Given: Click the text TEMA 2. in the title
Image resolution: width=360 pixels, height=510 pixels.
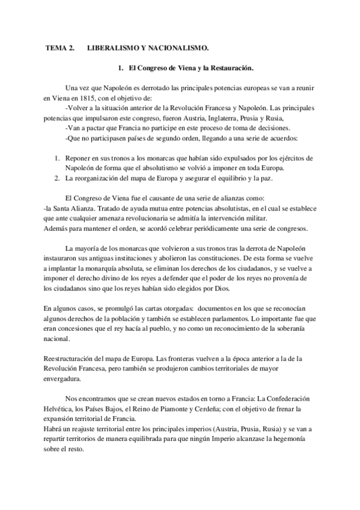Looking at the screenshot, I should pos(60,47).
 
